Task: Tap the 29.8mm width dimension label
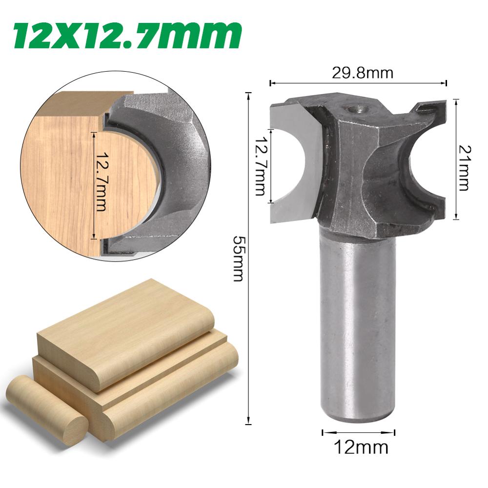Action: pos(362,73)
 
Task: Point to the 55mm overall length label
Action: pos(238,258)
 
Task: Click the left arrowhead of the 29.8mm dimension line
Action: pos(271,83)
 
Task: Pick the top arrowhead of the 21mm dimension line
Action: pos(456,101)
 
